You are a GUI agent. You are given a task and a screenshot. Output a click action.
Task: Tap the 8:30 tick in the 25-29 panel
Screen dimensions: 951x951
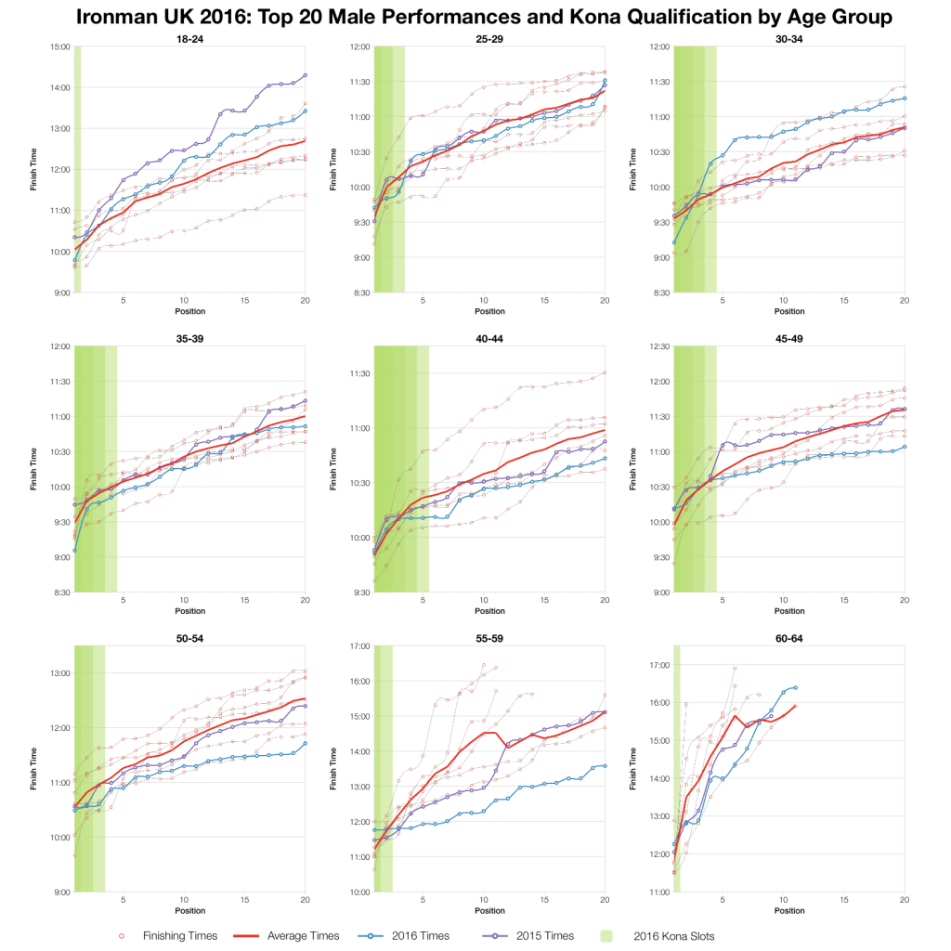tap(359, 293)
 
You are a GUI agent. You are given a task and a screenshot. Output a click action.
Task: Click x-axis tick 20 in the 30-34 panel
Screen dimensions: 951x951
tap(905, 301)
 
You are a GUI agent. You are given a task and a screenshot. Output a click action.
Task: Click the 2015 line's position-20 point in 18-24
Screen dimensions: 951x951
tap(305, 75)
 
